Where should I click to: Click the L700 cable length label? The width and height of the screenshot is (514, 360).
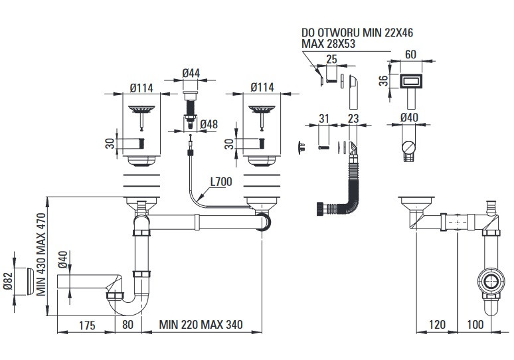coord(221,181)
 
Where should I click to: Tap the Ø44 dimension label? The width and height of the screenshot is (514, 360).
coord(191,73)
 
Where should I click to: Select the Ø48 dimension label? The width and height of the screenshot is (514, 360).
coord(209,124)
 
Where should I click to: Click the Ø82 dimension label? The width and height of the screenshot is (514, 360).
coord(8,282)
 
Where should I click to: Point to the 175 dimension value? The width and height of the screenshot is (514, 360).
coord(87,325)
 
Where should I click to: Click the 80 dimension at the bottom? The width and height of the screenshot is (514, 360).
coord(128,325)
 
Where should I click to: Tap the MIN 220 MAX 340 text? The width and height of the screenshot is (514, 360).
coord(201,325)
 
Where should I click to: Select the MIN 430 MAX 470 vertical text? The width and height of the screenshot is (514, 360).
coord(41,254)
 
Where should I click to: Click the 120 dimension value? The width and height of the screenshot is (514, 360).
coord(437,325)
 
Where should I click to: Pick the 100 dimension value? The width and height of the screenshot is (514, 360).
coord(475,325)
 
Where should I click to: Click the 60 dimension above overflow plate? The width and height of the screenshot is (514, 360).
coord(411,54)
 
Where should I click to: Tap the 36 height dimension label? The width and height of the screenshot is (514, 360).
coord(384,80)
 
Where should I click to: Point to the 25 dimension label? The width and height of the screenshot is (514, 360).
coord(331,59)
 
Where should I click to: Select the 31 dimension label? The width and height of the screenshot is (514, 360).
coord(323,118)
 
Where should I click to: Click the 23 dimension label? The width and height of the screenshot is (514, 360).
coord(353,118)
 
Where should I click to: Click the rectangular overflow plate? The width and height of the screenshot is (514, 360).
coord(411,81)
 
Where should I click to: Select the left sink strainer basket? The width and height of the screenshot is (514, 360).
coord(141,109)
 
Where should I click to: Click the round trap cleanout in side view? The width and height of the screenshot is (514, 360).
coord(490,282)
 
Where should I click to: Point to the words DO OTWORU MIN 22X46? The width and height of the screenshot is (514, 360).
coord(357,33)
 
